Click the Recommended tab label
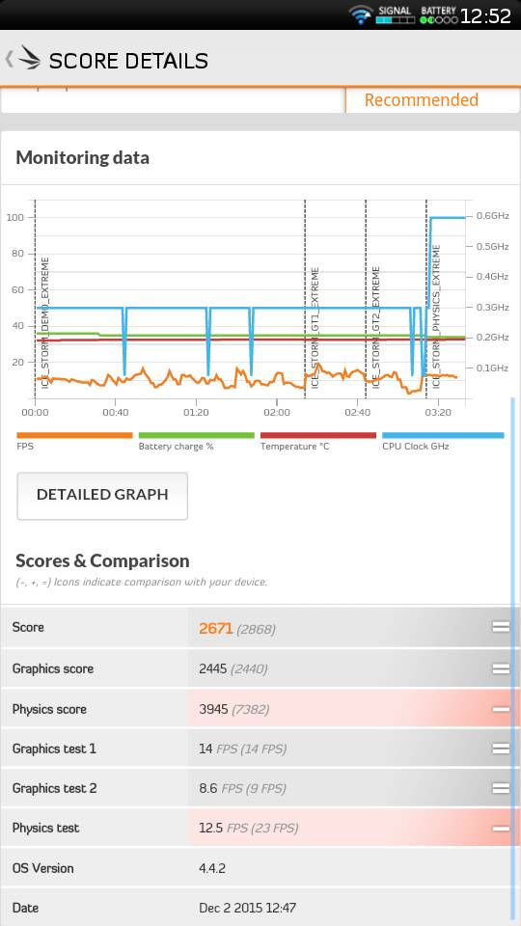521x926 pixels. click(422, 100)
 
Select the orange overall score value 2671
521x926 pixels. click(215, 628)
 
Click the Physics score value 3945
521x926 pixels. click(213, 709)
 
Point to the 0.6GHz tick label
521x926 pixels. click(493, 215)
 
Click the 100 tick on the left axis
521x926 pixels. click(15, 217)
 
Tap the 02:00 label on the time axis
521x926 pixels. click(277, 412)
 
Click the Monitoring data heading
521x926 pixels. click(82, 157)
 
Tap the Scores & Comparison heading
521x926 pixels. click(102, 560)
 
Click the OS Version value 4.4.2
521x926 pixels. click(212, 868)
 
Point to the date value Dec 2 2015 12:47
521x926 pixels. click(248, 908)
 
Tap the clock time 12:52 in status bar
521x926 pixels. click(485, 16)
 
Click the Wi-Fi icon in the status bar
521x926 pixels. click(360, 14)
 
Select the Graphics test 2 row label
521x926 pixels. click(54, 788)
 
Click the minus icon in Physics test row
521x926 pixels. click(501, 829)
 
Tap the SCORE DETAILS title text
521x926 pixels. click(128, 61)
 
